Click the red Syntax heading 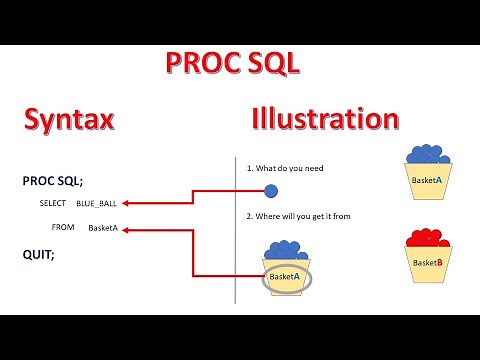click(x=69, y=120)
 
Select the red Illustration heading click(x=324, y=120)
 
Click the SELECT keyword click(x=53, y=203)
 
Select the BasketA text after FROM click(x=103, y=228)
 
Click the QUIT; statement click(x=39, y=254)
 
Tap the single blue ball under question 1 click(x=271, y=190)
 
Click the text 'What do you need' click(x=291, y=168)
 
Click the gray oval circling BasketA click(x=286, y=277)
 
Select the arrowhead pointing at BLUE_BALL click(x=132, y=203)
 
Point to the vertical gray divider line click(x=234, y=230)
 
